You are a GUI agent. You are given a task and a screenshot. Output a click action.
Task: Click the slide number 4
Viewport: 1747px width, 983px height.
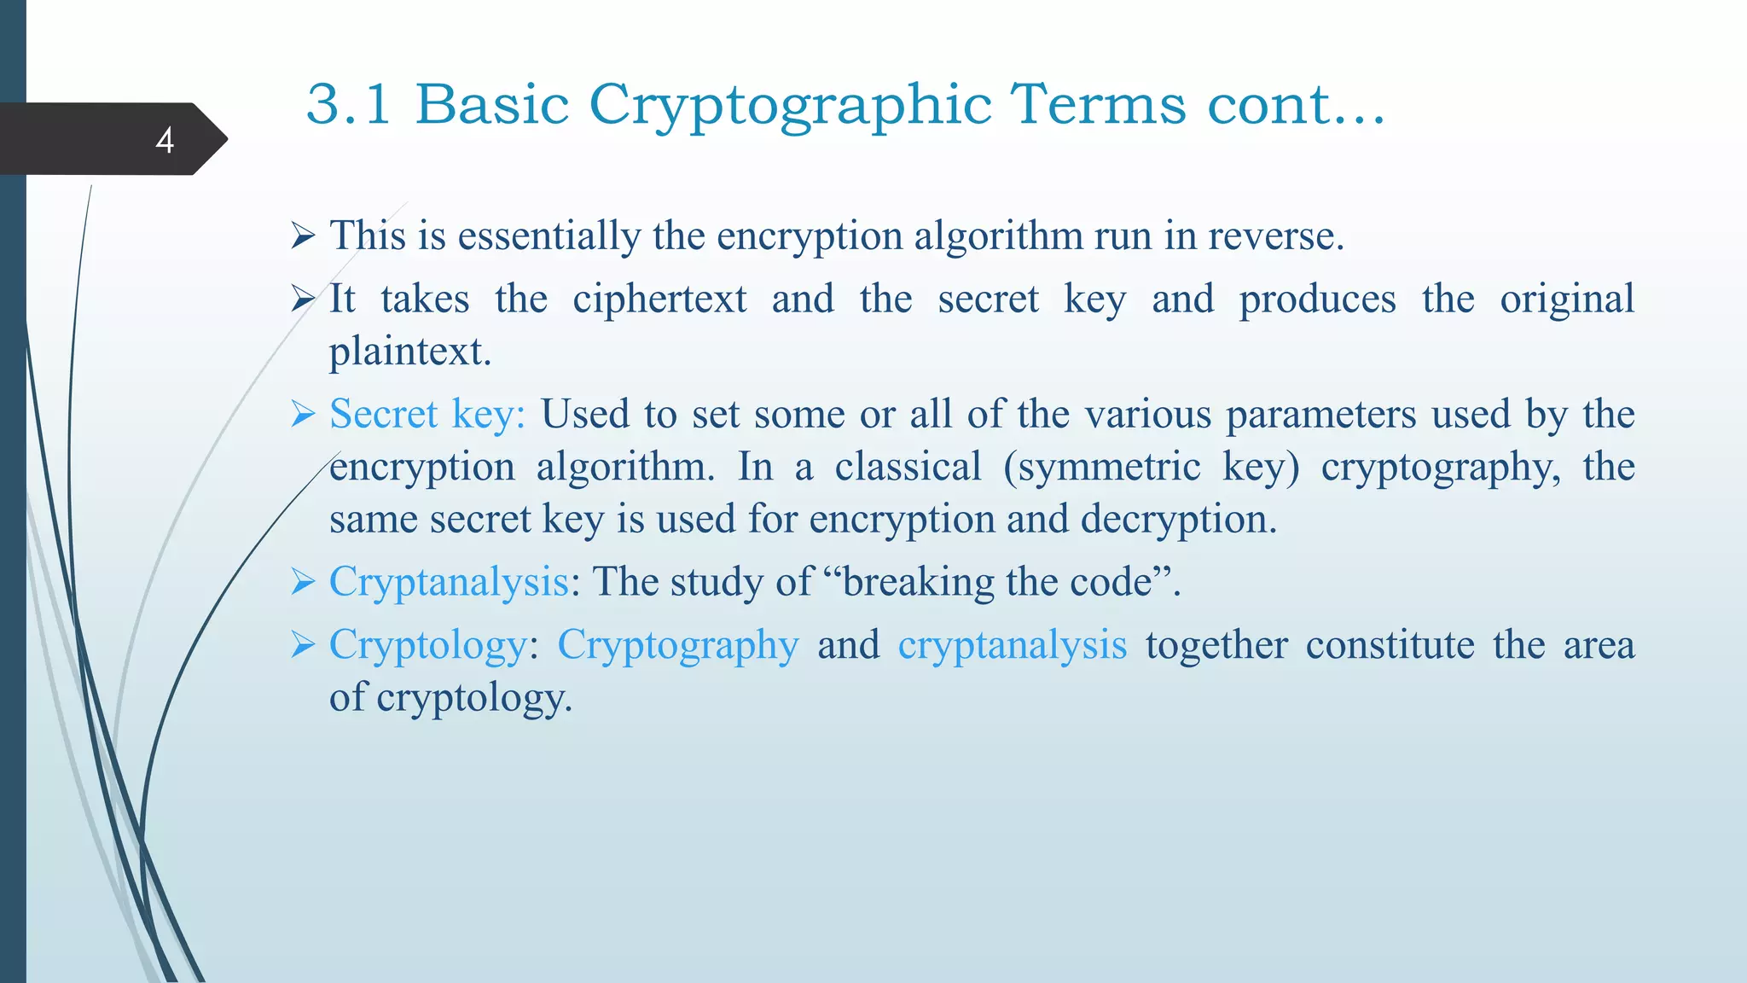point(165,140)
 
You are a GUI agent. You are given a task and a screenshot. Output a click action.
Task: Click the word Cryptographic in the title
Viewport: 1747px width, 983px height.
point(790,106)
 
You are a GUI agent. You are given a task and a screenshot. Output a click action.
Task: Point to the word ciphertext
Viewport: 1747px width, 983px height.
point(659,300)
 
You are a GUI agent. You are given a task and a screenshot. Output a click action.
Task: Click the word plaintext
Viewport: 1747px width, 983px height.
point(409,352)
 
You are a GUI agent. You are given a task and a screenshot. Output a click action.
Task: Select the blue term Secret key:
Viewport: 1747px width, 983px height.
point(427,415)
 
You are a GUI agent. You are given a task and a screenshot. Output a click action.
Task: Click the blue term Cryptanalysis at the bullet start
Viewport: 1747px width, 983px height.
point(449,583)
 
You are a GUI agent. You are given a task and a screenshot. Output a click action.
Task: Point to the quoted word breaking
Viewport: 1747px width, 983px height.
point(916,583)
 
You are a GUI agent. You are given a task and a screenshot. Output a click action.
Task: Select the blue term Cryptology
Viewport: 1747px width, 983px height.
point(427,646)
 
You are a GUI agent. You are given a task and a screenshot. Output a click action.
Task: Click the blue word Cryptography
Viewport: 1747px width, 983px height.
point(678,646)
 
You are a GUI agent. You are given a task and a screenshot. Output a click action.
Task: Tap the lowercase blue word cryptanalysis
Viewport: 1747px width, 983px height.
point(1012,646)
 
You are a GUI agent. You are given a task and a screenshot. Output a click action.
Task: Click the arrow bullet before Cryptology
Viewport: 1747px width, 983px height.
point(303,645)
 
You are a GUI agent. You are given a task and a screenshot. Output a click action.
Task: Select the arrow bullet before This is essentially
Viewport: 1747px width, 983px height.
point(303,236)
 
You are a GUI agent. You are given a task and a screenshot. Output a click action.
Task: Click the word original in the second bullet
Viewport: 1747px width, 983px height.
point(1566,300)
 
